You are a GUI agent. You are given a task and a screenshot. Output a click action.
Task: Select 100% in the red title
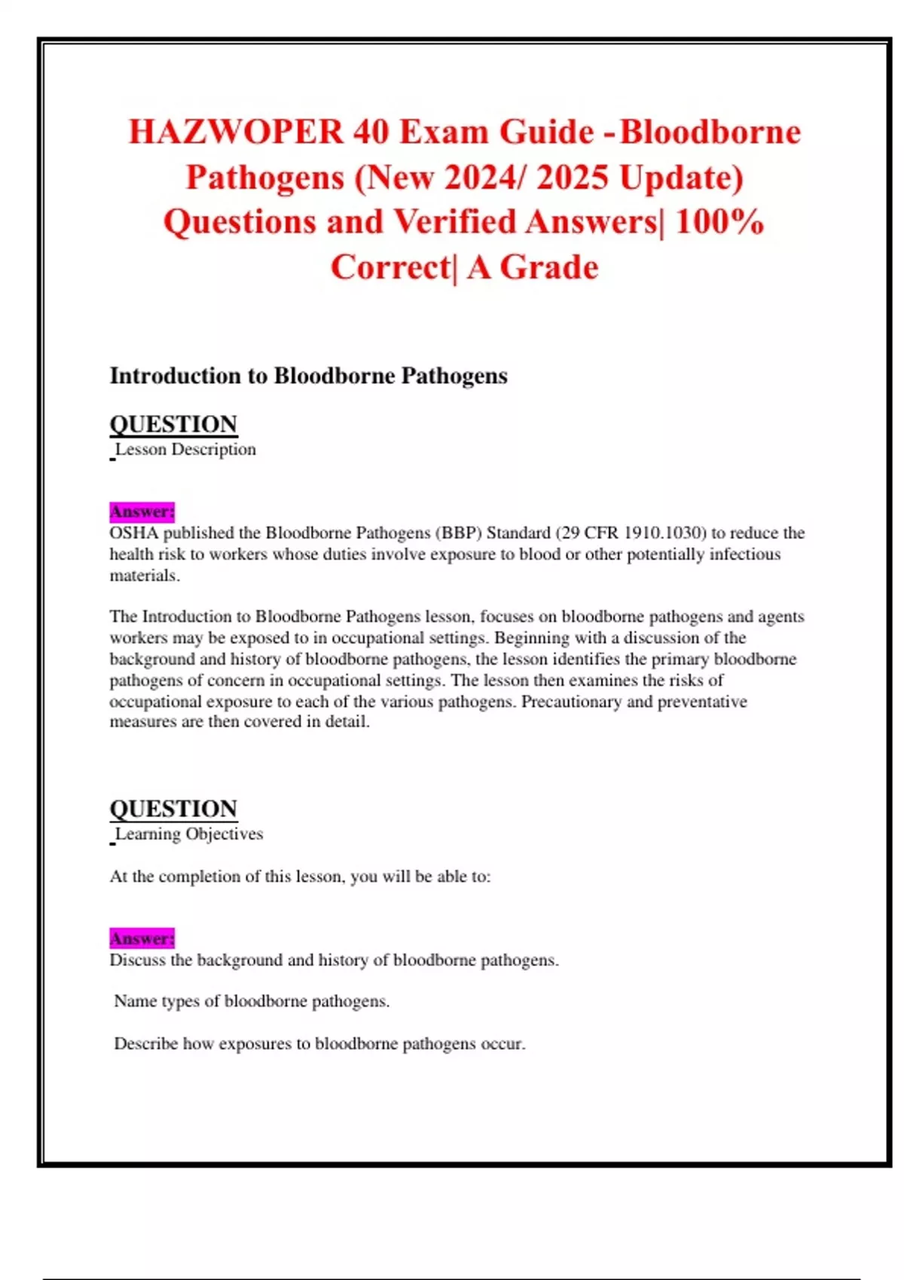pyautogui.click(x=720, y=222)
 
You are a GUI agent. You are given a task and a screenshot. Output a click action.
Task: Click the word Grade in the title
pyautogui.click(x=549, y=267)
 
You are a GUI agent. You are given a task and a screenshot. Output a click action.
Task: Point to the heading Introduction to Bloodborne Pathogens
pyautogui.click(x=308, y=376)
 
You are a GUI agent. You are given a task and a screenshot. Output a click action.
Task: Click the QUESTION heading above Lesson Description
pyautogui.click(x=173, y=424)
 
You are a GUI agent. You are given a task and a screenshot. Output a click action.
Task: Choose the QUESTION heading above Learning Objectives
pyautogui.click(x=173, y=809)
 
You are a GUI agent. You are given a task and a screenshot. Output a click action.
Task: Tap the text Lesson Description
pyautogui.click(x=185, y=450)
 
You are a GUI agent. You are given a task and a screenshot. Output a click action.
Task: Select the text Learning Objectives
pyautogui.click(x=189, y=834)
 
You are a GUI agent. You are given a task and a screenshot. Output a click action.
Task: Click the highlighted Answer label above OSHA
pyautogui.click(x=142, y=512)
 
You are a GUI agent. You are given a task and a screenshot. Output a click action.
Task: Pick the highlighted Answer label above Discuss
pyautogui.click(x=142, y=939)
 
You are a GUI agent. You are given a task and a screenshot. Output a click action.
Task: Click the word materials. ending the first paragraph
pyautogui.click(x=145, y=576)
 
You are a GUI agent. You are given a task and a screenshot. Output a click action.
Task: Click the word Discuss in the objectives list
pyautogui.click(x=137, y=960)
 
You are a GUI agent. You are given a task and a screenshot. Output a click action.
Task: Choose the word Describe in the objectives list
pyautogui.click(x=145, y=1044)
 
